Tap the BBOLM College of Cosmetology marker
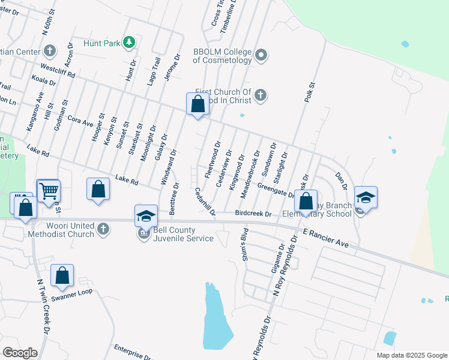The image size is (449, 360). (x=261, y=56)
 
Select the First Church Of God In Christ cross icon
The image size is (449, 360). (x=261, y=95)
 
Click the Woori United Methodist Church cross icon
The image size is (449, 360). (x=103, y=229)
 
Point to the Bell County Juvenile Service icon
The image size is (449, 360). (x=144, y=233)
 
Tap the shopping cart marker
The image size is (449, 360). (x=48, y=191)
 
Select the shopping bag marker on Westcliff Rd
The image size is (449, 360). (x=197, y=104)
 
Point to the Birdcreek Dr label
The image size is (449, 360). (x=253, y=213)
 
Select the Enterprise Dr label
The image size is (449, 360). (x=133, y=352)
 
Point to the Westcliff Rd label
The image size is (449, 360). (x=58, y=71)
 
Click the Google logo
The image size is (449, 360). (x=20, y=353)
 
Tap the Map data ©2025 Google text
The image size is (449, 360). (x=411, y=355)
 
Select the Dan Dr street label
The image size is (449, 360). (x=341, y=178)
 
